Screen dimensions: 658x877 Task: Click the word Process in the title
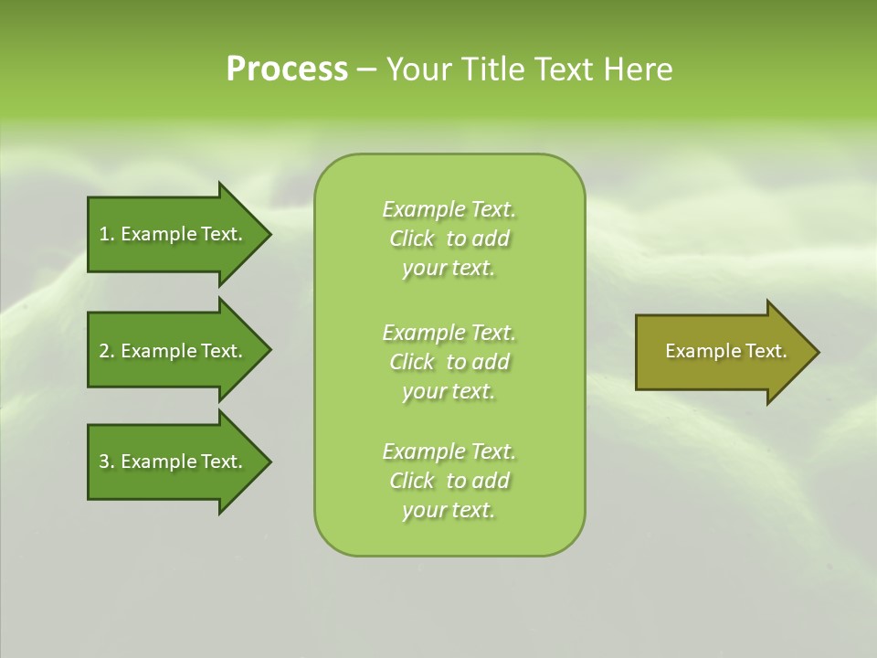[x=287, y=69]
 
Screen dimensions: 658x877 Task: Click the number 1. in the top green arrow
[x=107, y=234]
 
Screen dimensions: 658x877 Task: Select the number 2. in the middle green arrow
[x=107, y=351]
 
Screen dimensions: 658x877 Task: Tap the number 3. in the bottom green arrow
[x=107, y=462]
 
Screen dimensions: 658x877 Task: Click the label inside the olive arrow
[x=725, y=351]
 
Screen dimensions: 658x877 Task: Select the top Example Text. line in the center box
[x=449, y=209]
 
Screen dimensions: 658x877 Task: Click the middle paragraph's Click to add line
[x=449, y=362]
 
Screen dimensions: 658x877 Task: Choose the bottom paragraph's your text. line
[x=449, y=510]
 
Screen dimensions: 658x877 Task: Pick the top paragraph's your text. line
[x=449, y=268]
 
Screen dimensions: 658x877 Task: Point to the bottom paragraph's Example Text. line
[x=449, y=451]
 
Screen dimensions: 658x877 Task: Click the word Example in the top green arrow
[x=158, y=234]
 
